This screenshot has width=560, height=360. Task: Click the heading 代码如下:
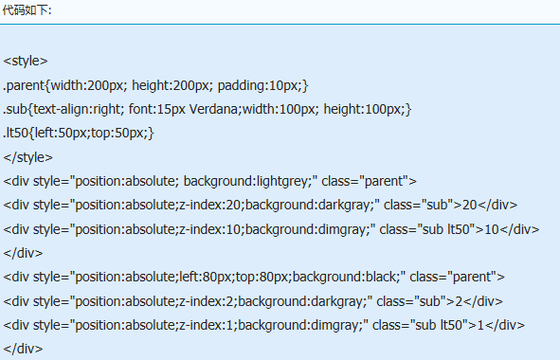[x=27, y=10]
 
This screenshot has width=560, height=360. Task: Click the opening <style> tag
[x=26, y=61]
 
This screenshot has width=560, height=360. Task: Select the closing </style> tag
[x=27, y=157]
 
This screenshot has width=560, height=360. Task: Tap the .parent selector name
[x=24, y=85]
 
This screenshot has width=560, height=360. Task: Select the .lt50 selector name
[x=16, y=133]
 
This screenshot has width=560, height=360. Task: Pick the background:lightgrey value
[x=248, y=182]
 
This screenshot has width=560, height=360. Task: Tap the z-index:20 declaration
[x=210, y=205]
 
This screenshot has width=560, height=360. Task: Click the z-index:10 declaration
[x=210, y=229]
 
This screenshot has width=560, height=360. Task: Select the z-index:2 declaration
[x=207, y=301]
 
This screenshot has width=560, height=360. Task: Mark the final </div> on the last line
[x=23, y=349]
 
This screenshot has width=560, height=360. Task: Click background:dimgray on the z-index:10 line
[x=308, y=229]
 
